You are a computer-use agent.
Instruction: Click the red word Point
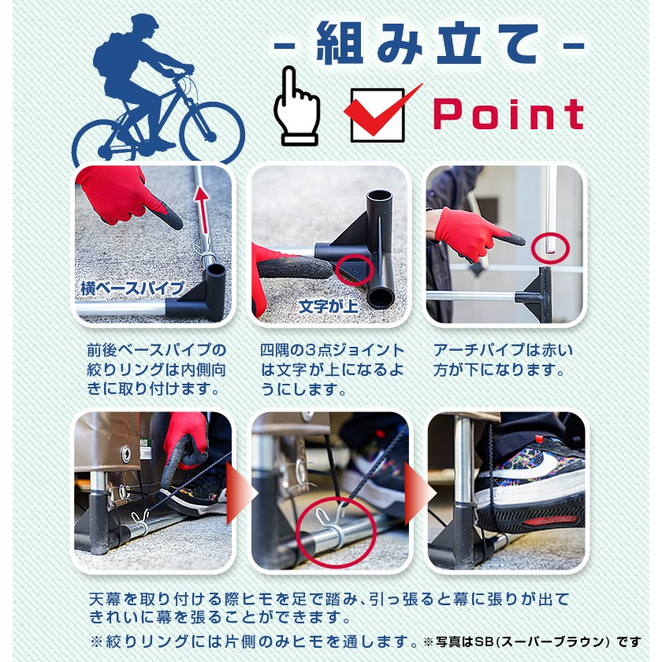508,114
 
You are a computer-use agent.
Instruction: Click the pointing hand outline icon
296,106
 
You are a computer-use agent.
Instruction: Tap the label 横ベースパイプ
132,288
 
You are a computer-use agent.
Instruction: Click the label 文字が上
328,307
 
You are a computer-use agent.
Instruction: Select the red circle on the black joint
355,270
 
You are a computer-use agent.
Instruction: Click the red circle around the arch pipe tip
550,248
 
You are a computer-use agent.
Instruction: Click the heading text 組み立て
427,43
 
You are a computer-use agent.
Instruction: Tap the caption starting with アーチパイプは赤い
503,360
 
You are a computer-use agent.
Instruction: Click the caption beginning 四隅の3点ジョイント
332,370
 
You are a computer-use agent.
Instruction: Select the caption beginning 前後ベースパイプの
157,370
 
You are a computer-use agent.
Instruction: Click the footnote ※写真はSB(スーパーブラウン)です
532,642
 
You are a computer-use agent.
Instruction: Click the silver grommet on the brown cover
126,453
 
